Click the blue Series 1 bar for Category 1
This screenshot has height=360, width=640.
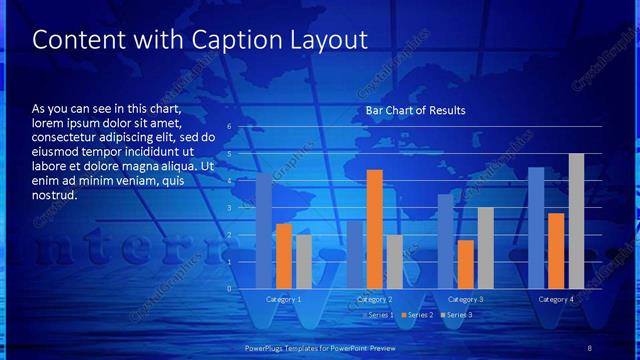click(264, 230)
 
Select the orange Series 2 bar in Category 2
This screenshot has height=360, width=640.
click(374, 229)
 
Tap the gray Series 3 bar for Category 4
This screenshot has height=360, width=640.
click(576, 221)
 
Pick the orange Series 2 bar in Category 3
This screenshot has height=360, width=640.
click(465, 264)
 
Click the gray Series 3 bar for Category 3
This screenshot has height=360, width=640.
click(485, 248)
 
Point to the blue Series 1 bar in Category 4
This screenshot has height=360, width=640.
click(536, 228)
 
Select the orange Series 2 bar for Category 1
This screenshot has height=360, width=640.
click(284, 256)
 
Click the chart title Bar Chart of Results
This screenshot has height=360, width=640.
click(415, 110)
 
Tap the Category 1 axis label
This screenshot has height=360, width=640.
click(284, 299)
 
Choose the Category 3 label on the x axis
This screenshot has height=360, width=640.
click(465, 299)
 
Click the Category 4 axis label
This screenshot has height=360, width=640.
click(556, 299)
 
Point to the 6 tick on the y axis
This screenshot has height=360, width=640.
click(229, 127)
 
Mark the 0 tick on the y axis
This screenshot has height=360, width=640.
click(229, 288)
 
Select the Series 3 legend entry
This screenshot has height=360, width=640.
click(458, 315)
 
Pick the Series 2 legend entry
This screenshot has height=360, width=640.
click(419, 315)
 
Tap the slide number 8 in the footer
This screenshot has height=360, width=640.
click(590, 346)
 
